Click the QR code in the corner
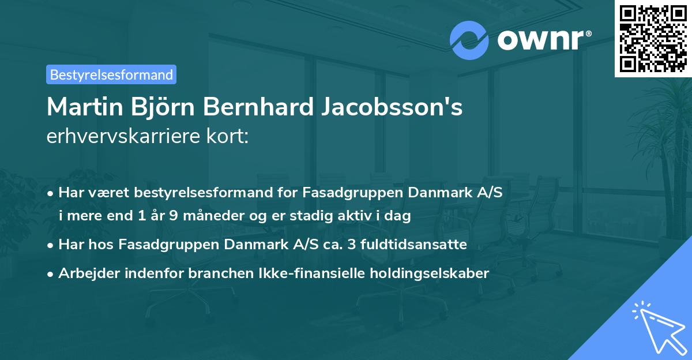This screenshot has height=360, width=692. [x=653, y=38]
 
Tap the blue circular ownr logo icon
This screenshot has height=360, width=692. [x=469, y=40]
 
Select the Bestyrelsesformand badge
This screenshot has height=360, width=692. [x=111, y=74]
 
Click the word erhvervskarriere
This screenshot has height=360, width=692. [x=122, y=137]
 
